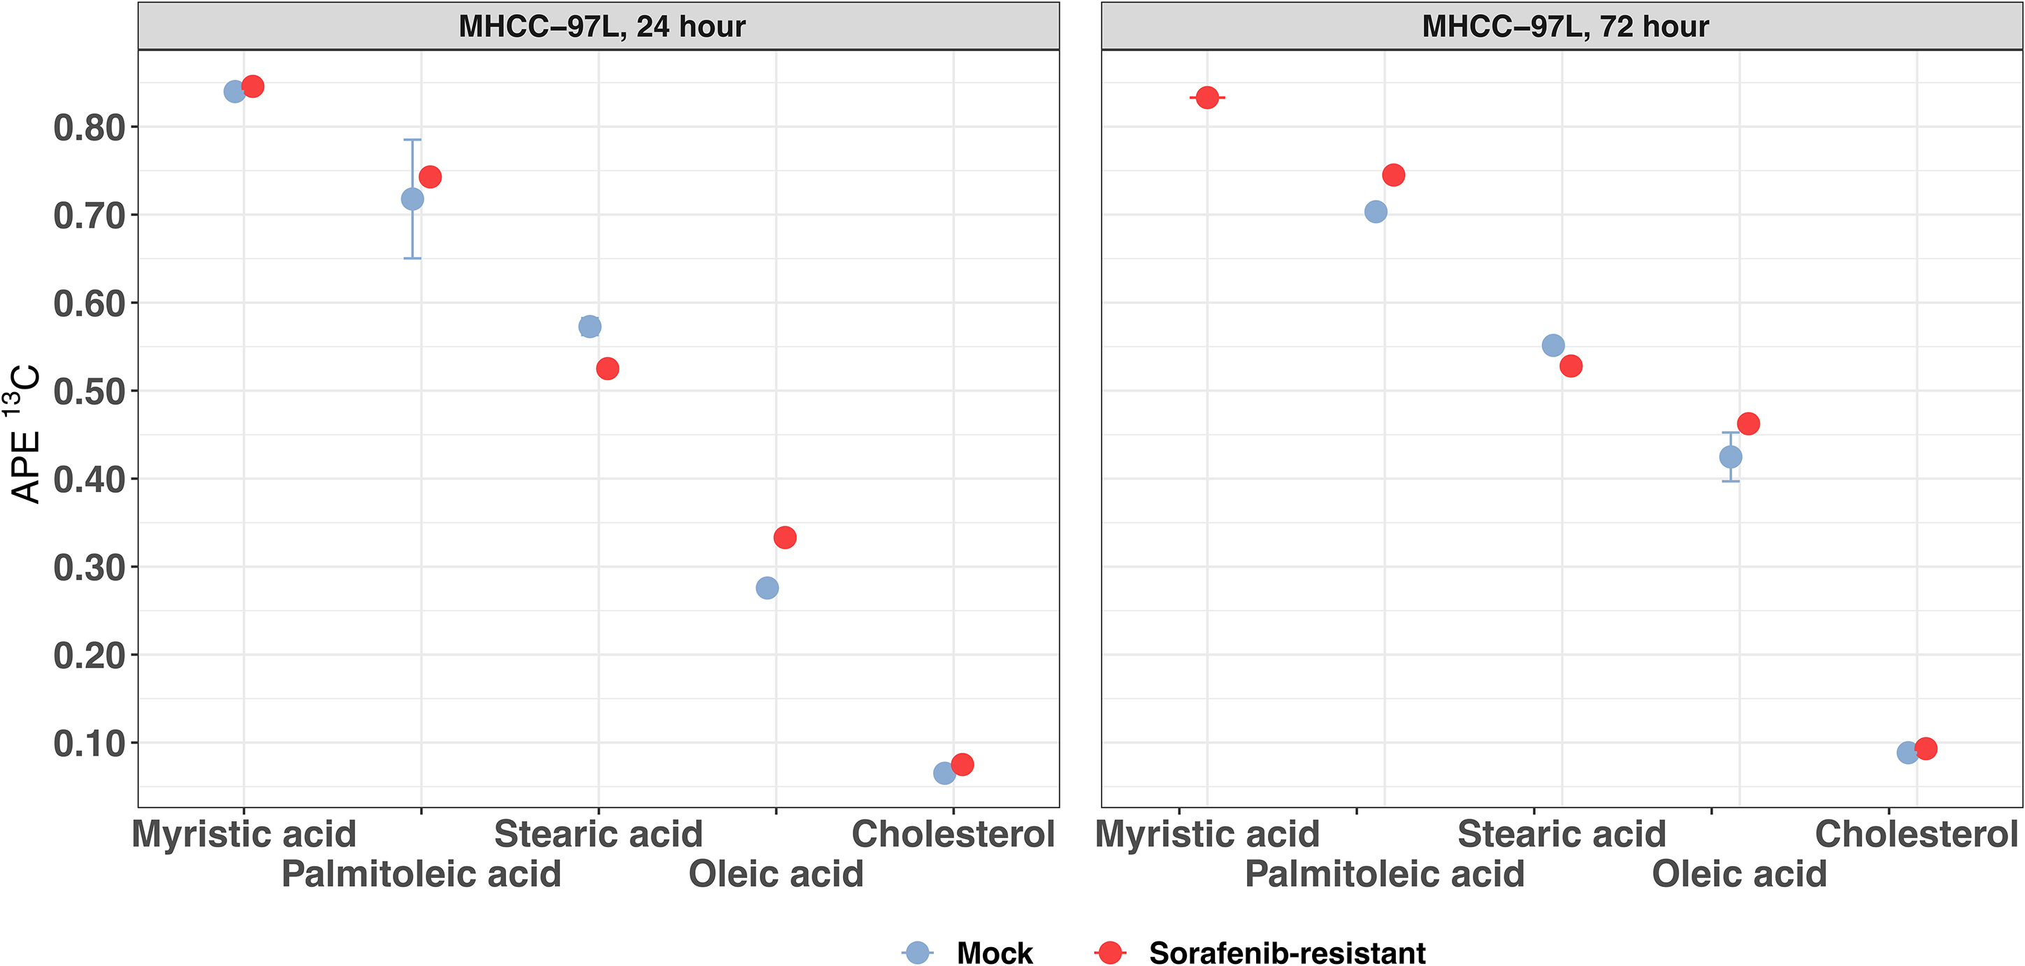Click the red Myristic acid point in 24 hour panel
pos(252,87)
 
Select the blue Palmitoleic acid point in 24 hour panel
pos(412,199)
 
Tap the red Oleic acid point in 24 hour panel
pos(784,538)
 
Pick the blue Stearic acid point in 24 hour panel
pos(589,326)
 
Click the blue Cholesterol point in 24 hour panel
pos(944,773)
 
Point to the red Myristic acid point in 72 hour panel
pos(1207,97)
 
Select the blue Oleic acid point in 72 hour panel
pos(1730,456)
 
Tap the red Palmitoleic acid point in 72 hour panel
pos(1393,175)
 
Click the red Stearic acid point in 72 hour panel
pos(1571,366)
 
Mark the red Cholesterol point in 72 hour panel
pos(1925,749)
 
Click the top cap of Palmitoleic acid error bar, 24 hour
pos(412,140)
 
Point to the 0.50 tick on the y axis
pos(134,391)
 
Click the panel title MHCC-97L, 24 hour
pos(601,27)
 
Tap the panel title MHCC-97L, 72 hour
pos(1564,27)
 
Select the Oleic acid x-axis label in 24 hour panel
pos(776,874)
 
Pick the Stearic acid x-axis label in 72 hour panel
pos(1561,834)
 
